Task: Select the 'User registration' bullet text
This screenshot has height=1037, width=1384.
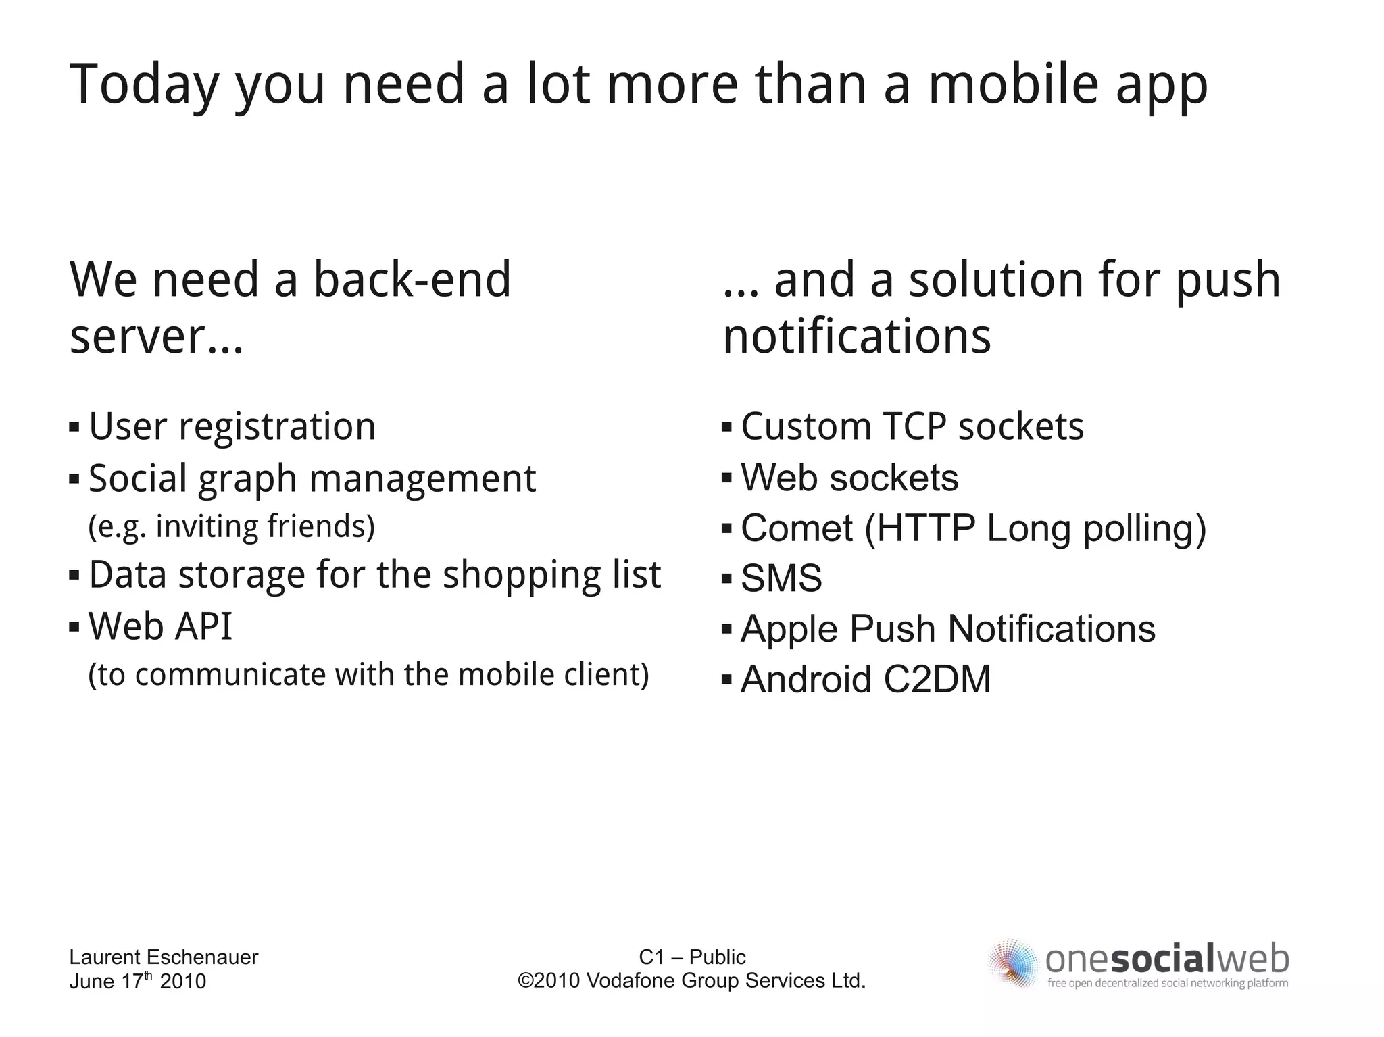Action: tap(232, 427)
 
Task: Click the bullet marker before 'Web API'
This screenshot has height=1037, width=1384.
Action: tap(74, 627)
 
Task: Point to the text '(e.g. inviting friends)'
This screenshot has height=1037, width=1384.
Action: tap(231, 527)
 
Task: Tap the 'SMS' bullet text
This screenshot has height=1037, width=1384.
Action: tap(781, 578)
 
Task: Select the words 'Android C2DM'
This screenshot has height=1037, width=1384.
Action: tap(866, 679)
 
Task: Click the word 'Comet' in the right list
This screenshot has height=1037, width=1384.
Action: tap(797, 528)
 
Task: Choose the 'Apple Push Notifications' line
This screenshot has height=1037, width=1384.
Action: tap(947, 629)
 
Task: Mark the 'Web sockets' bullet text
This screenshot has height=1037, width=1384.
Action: tap(849, 478)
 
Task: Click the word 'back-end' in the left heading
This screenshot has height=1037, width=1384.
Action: tap(412, 280)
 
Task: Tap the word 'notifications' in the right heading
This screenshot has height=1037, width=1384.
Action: tap(856, 336)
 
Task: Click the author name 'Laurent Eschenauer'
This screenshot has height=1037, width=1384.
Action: tap(164, 957)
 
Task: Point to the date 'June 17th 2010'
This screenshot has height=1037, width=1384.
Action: tap(137, 981)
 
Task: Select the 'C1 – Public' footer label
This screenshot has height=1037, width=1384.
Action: tap(692, 957)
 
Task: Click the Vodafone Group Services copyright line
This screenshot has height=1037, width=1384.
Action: tap(692, 980)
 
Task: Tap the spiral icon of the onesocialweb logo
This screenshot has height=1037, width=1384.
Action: tap(1012, 963)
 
